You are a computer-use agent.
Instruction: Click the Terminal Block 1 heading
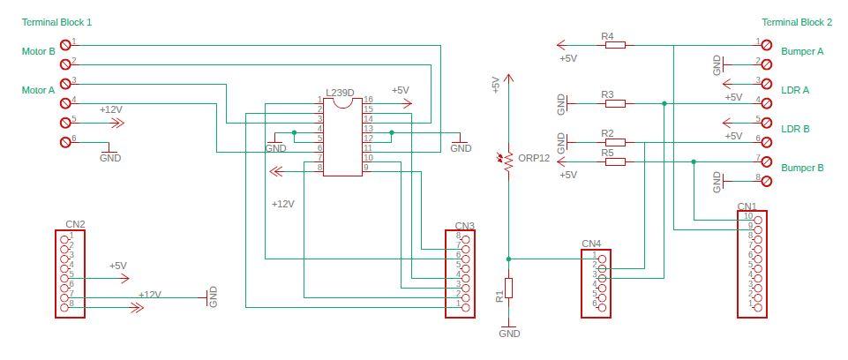pos(56,21)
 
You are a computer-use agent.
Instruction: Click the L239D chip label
pos(340,92)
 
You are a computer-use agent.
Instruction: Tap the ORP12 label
pos(534,158)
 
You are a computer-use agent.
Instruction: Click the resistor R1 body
pos(508,289)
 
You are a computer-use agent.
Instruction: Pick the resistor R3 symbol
pos(615,103)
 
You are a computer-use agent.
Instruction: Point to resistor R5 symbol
pos(615,161)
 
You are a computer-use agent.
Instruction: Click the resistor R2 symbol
pos(615,141)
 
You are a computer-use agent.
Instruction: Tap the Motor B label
pos(38,52)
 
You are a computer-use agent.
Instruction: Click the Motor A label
pos(38,90)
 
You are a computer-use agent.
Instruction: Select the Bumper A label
pos(802,52)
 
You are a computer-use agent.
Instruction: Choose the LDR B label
pos(795,129)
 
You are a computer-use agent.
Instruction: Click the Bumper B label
pos(802,168)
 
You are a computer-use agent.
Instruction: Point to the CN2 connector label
pos(75,224)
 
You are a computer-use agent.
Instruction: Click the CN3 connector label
pos(465,226)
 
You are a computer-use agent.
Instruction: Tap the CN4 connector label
pos(591,244)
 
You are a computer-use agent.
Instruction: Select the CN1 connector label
pos(747,206)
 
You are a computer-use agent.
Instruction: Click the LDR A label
pos(795,90)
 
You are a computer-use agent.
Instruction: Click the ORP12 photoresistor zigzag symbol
pos(508,161)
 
